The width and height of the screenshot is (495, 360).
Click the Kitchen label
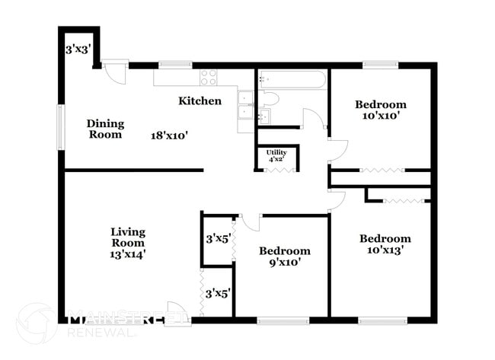pyautogui.click(x=200, y=100)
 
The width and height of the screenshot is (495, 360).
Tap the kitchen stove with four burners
pyautogui.click(x=209, y=77)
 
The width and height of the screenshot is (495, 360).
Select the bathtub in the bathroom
pyautogui.click(x=292, y=79)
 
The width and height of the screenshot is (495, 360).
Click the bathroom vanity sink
pyautogui.click(x=264, y=116)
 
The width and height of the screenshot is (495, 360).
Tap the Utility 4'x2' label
pyautogui.click(x=276, y=156)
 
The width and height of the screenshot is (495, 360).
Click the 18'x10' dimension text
pyautogui.click(x=169, y=135)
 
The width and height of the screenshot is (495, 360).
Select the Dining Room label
pyautogui.click(x=105, y=129)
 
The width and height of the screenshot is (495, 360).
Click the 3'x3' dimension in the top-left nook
pyautogui.click(x=78, y=49)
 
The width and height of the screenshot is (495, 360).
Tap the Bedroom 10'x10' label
pyautogui.click(x=382, y=110)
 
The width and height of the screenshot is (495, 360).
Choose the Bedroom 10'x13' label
pyautogui.click(x=385, y=244)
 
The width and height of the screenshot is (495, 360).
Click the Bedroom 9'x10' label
pyautogui.click(x=284, y=256)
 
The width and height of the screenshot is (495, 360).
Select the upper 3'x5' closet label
pyautogui.click(x=217, y=238)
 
